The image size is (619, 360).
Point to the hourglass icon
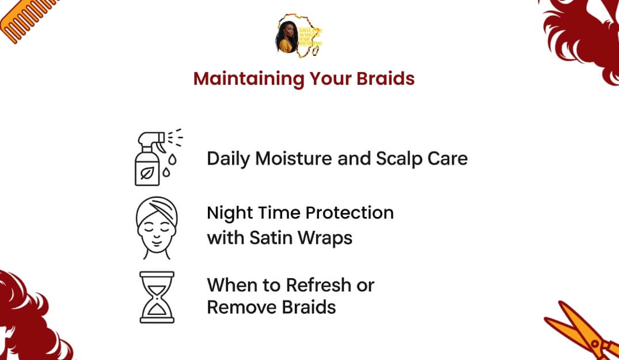coord(157,297)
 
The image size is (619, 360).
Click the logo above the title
coord(299,35)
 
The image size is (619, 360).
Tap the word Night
coord(229,213)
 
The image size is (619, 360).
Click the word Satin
coord(271,237)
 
